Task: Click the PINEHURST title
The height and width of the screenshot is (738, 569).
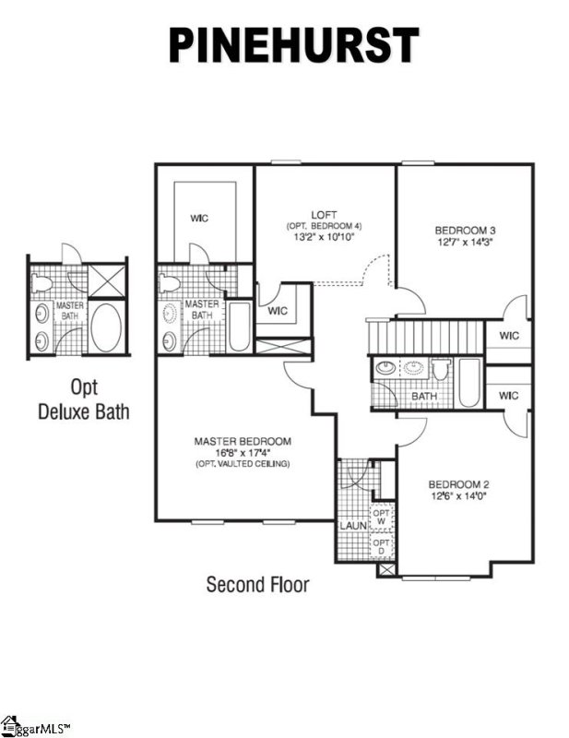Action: point(292,45)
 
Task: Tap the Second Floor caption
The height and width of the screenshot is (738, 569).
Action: point(257,584)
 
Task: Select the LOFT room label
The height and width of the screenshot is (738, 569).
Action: point(324,215)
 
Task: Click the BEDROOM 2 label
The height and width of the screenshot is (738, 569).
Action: point(458,484)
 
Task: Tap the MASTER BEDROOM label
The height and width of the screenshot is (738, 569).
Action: point(243,441)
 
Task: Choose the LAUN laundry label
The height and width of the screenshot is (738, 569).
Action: point(352,526)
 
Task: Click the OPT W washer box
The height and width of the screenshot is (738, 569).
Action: point(382,516)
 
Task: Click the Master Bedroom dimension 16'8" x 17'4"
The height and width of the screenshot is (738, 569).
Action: point(243,452)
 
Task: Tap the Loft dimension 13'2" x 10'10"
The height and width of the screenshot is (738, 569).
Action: point(324,238)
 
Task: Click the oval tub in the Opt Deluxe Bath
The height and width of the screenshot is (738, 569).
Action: point(105,327)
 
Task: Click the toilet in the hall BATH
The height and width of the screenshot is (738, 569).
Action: point(439,370)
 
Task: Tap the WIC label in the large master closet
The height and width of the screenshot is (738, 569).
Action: point(198,219)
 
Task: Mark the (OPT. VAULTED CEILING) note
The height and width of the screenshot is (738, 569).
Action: point(243,463)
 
